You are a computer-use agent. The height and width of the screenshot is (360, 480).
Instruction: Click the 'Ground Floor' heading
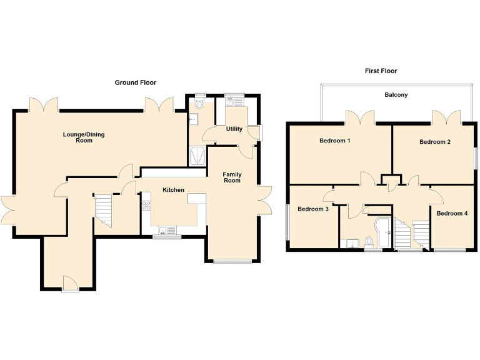point(135,82)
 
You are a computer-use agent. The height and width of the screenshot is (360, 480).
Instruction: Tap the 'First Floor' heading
point(381,71)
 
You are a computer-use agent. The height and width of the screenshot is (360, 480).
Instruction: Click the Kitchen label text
point(173,190)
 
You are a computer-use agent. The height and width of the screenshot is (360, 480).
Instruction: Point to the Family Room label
point(232,177)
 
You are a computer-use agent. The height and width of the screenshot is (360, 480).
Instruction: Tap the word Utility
point(234,129)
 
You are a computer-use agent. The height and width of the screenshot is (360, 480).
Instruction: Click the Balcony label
point(396,95)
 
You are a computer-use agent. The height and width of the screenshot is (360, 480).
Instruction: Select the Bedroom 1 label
point(334,141)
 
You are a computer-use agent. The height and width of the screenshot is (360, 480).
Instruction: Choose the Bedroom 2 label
point(435,142)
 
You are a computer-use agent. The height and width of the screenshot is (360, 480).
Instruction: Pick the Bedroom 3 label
point(313,209)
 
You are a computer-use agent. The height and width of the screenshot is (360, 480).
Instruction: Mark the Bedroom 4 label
point(451,213)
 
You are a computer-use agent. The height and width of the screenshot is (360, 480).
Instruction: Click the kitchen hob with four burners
point(146,207)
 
